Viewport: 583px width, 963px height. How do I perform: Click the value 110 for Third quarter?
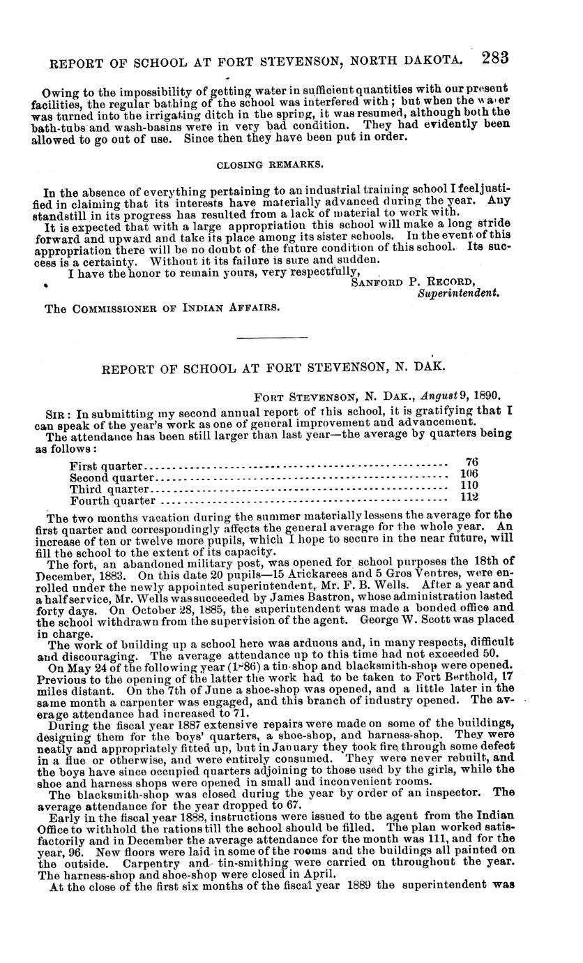coord(471,484)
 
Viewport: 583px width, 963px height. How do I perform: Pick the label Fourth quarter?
coord(112,500)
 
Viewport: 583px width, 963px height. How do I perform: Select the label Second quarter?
coord(112,478)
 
